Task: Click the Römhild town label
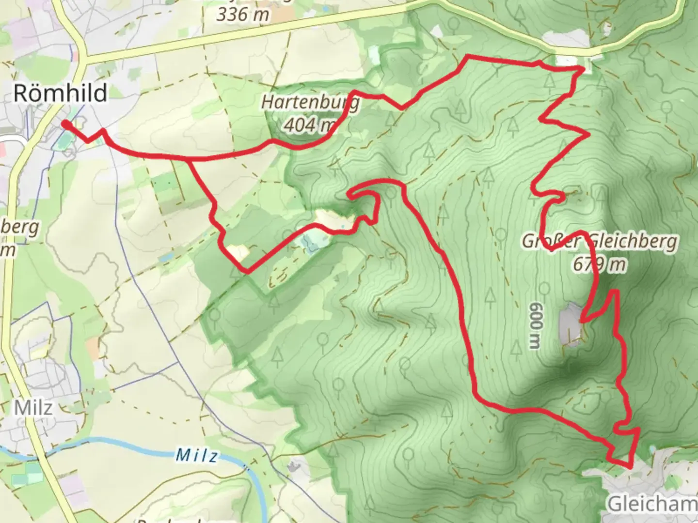click(60, 92)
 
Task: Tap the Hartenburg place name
click(310, 103)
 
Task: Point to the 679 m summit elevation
click(599, 265)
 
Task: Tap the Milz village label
click(33, 408)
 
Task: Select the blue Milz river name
click(196, 455)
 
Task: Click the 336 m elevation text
click(242, 15)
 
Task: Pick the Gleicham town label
click(652, 504)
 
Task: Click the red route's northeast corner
click(583, 69)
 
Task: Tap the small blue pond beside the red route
click(311, 241)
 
